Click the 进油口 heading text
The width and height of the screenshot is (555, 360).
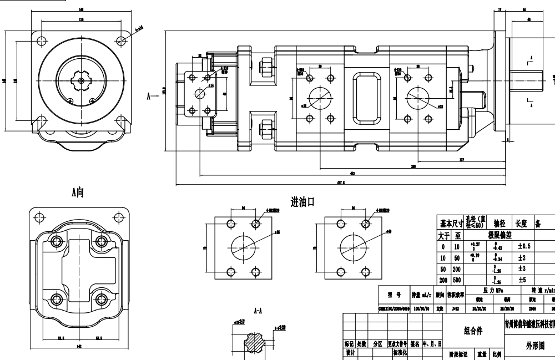point(302,202)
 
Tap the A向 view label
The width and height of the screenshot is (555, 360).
point(77,192)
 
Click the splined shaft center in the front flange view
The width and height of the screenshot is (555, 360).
point(82,81)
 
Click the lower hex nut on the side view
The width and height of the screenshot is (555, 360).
point(265,128)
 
